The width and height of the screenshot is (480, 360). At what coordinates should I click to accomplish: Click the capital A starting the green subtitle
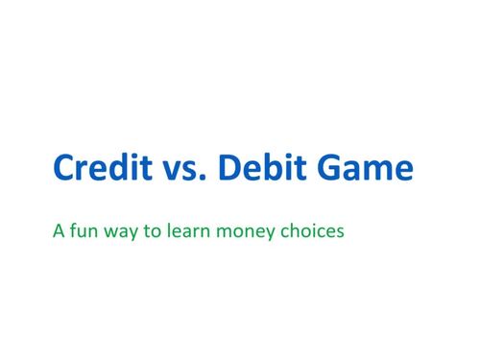click(60, 230)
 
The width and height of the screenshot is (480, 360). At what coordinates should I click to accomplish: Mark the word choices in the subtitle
click(308, 230)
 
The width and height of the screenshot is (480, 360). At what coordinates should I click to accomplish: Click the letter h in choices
click(290, 230)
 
